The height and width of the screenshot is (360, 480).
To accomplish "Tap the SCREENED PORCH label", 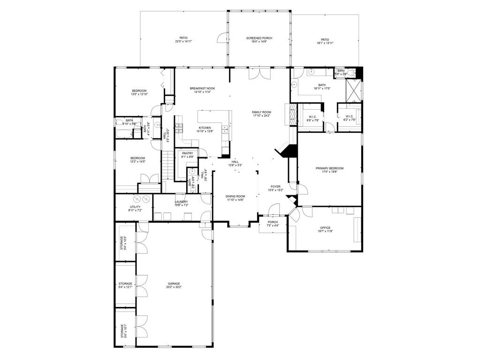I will (x=259, y=38).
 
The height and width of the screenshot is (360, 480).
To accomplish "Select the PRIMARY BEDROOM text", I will (x=329, y=168).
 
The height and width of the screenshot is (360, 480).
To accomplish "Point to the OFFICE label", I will (x=325, y=228).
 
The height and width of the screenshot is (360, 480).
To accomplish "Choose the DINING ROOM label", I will (x=235, y=196).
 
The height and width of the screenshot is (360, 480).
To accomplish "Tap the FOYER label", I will (x=275, y=186).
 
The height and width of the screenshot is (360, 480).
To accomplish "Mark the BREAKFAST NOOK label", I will (x=202, y=88).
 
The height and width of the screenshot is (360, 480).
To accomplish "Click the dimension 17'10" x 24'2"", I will (x=261, y=115).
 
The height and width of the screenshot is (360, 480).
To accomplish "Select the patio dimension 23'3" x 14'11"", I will (x=183, y=41).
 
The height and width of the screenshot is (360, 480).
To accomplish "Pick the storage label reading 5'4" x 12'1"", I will (x=125, y=287).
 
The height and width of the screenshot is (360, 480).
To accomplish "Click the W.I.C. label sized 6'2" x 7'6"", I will (x=350, y=120).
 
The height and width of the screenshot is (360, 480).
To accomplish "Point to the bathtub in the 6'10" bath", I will (x=124, y=131).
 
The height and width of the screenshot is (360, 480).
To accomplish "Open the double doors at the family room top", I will (x=259, y=74).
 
